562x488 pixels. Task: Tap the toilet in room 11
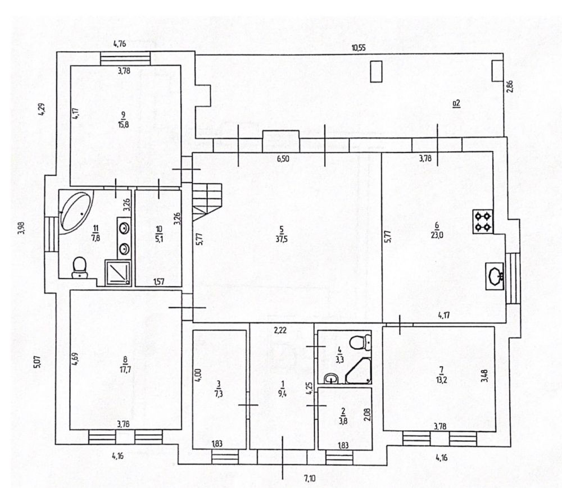tap(80, 267)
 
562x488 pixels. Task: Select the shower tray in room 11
tap(118, 273)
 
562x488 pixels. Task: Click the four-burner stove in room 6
tap(483, 222)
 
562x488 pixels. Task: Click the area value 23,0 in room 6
tap(437, 235)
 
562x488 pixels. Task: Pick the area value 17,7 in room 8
tap(124, 369)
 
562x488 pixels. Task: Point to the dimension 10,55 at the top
tap(359, 48)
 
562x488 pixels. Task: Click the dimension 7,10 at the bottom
tap(310, 478)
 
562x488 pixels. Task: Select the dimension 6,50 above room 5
tap(283, 158)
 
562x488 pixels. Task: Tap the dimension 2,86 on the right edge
tap(510, 86)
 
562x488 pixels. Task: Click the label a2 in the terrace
tap(456, 103)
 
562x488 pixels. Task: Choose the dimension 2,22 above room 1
tap(280, 330)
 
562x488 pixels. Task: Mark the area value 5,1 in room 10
tap(159, 239)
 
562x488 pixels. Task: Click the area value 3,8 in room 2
tap(343, 421)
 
